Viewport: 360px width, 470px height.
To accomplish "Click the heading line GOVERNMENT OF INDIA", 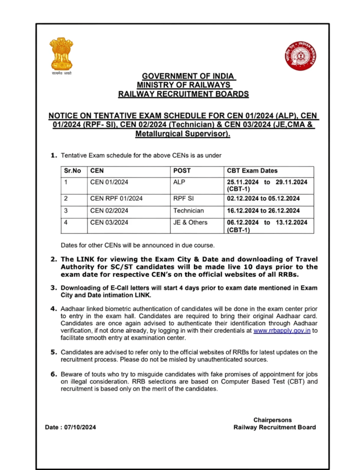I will pos(188,76).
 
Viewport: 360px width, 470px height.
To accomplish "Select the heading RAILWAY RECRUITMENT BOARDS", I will pos(183,94).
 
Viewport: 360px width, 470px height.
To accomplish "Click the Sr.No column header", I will pos(72,171).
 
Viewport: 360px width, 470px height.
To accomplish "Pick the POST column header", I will pos(182,171).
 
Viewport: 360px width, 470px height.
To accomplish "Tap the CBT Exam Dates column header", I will pos(252,171).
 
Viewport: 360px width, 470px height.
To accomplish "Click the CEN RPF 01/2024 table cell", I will pos(116,199).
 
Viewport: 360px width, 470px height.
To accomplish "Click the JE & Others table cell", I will pos(190,223).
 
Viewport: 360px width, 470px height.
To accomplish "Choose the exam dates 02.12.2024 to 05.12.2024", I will pos(263,199).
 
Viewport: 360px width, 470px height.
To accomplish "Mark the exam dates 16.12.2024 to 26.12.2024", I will pos(263,211).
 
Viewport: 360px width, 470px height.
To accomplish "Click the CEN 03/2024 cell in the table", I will pos(109,223).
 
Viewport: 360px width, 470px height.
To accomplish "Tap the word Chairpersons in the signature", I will pos(272,420).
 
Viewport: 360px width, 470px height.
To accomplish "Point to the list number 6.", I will pos(54,375).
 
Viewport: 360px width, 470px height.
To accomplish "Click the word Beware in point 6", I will pos(72,375).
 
